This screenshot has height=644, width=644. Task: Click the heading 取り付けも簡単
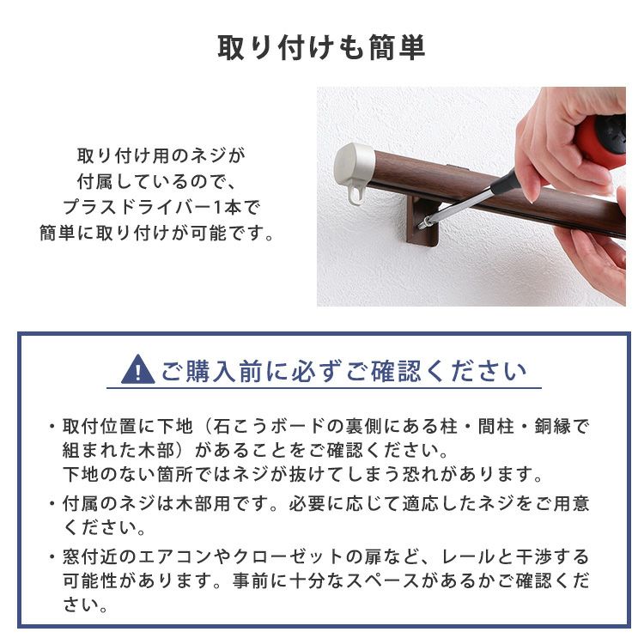[321, 48]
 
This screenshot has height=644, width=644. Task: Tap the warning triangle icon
[138, 369]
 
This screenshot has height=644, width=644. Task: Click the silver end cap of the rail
[353, 167]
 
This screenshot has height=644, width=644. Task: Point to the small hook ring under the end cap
[356, 195]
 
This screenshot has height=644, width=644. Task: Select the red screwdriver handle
[603, 140]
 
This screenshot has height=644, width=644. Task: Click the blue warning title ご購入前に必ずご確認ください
[344, 371]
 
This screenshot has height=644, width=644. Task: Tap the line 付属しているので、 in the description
[156, 181]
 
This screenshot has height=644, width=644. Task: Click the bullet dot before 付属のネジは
[52, 503]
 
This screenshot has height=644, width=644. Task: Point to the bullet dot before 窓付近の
[52, 557]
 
